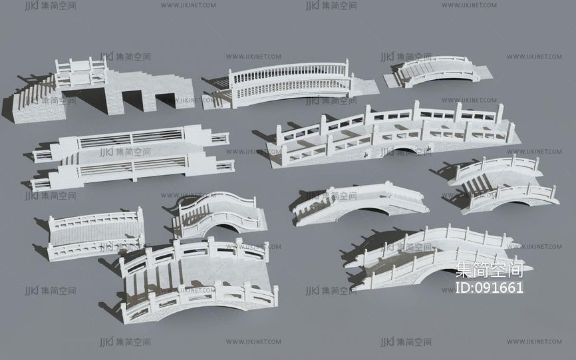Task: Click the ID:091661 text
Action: (490, 287)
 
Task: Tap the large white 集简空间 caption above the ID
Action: (490, 270)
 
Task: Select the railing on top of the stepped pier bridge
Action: (81, 69)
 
